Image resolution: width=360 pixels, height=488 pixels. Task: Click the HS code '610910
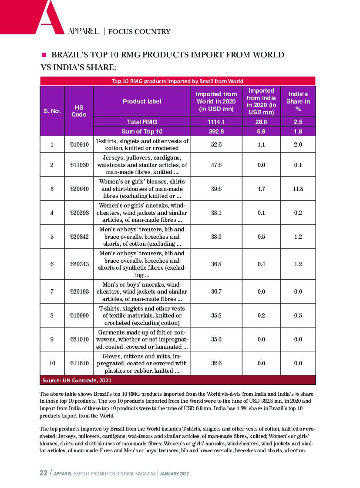[x=79, y=144]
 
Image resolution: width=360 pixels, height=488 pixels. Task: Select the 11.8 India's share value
[x=298, y=189]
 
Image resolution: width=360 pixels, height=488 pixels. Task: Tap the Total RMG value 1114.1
[x=216, y=122]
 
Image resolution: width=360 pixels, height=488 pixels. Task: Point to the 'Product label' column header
[x=142, y=101]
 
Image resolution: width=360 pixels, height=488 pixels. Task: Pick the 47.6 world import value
[x=216, y=165]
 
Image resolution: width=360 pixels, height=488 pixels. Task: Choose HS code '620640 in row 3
[x=79, y=189]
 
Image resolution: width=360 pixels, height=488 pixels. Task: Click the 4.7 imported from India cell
[x=261, y=189]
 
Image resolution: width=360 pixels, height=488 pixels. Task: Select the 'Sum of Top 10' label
[x=142, y=131]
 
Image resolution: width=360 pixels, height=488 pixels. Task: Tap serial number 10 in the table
[x=52, y=363]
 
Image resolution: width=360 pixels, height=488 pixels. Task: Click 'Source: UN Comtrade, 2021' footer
[x=77, y=380]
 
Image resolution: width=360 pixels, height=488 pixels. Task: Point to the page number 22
[x=44, y=473]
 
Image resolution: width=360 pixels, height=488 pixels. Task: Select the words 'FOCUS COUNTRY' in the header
[x=139, y=31]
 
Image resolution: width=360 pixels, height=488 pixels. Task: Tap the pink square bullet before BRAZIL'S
[x=44, y=55]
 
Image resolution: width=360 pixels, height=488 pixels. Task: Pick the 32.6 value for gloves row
[x=216, y=363]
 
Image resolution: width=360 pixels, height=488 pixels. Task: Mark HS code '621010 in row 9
[x=79, y=339]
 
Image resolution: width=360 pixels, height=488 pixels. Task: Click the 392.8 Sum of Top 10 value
[x=216, y=131]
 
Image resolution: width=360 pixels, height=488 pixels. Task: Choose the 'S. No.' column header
[x=52, y=111]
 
